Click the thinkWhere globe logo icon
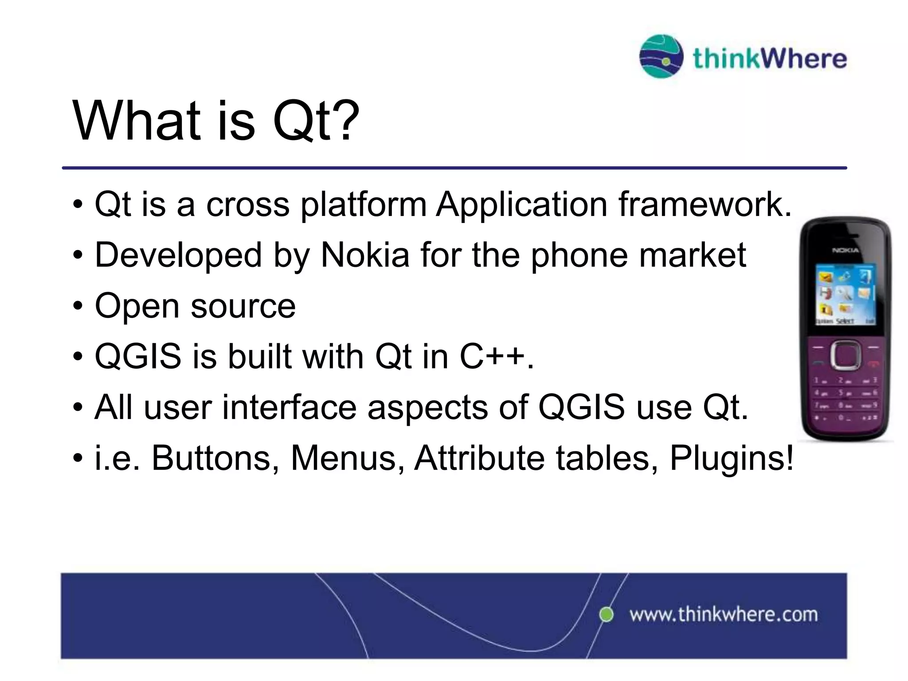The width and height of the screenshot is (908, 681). click(x=661, y=57)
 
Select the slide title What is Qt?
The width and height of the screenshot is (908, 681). click(x=216, y=121)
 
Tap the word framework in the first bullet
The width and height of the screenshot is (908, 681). click(x=705, y=205)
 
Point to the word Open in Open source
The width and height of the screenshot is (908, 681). click(x=137, y=306)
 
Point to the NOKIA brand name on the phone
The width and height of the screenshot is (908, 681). click(x=845, y=250)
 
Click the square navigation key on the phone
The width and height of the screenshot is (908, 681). click(x=845, y=355)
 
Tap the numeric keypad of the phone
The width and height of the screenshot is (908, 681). click(x=845, y=399)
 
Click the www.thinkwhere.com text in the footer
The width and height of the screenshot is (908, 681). click(x=724, y=615)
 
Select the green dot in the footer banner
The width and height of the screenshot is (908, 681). click(x=606, y=614)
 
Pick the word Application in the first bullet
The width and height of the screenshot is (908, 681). click(x=521, y=205)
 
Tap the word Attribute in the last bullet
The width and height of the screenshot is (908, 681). click(x=479, y=458)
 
